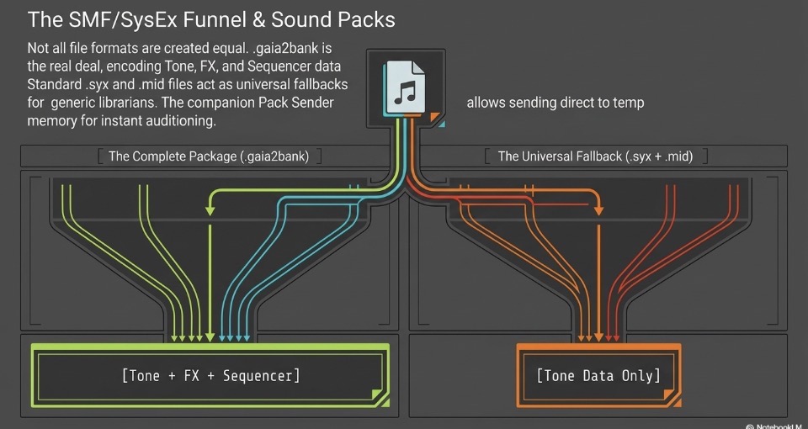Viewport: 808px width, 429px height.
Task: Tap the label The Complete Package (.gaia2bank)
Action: [x=209, y=156]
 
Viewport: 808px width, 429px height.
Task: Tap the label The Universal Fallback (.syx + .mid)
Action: [x=595, y=156]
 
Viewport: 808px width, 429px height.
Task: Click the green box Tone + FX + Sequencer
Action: [x=210, y=375]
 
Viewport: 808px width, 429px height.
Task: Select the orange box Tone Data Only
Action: [x=598, y=375]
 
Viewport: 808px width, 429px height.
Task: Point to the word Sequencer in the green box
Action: [x=261, y=376]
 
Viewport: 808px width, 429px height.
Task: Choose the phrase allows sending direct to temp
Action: [x=555, y=103]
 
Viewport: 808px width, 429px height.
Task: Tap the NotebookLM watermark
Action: [x=777, y=426]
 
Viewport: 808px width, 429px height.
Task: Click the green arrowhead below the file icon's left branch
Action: [x=210, y=211]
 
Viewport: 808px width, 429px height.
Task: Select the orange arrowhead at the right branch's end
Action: [x=598, y=210]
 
